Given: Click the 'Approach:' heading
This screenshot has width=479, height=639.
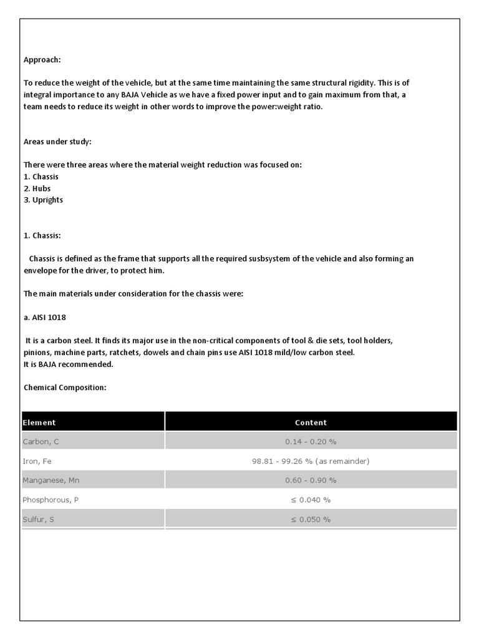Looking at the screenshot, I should pyautogui.click(x=42, y=60).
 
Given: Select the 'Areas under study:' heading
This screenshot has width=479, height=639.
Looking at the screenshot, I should pyautogui.click(x=57, y=142).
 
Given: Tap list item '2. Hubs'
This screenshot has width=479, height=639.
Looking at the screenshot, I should pyautogui.click(x=37, y=188).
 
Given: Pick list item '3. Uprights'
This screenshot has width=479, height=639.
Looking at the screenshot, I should pyautogui.click(x=43, y=200).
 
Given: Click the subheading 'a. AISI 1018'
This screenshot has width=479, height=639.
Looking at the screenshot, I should pyautogui.click(x=45, y=317).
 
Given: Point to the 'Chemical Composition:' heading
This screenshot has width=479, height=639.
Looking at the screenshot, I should pyautogui.click(x=65, y=388).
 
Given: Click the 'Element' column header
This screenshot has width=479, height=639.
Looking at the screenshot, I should pyautogui.click(x=39, y=422).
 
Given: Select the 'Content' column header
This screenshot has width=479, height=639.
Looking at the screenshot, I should pyautogui.click(x=311, y=422).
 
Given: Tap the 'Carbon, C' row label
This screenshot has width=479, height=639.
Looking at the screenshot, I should pyautogui.click(x=41, y=441).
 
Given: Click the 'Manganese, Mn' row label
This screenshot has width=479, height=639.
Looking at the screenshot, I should pyautogui.click(x=51, y=480).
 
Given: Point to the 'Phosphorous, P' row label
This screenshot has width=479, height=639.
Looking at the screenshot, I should pyautogui.click(x=50, y=500).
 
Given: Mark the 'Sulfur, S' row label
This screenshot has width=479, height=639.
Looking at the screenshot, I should pyautogui.click(x=39, y=519).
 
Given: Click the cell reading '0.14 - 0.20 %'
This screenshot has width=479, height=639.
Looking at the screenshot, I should pyautogui.click(x=311, y=441).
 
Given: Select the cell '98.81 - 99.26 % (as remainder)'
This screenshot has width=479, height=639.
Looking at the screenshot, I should pyautogui.click(x=311, y=461).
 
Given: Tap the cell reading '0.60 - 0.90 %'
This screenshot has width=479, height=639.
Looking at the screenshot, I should pyautogui.click(x=311, y=480).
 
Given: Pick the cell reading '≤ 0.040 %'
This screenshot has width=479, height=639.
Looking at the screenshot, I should pyautogui.click(x=311, y=500).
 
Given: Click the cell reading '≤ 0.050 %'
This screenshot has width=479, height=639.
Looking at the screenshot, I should pyautogui.click(x=311, y=519).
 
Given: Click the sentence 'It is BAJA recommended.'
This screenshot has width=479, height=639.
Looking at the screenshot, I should pyautogui.click(x=69, y=364).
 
